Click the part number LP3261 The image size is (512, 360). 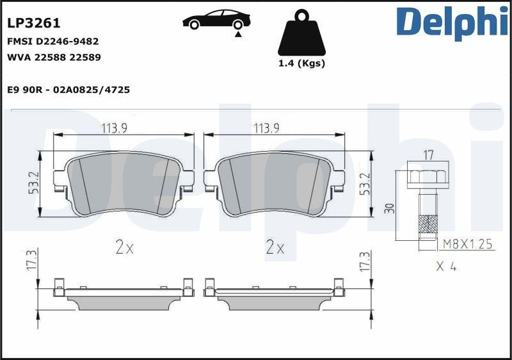click(34, 24)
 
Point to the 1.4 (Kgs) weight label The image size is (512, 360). click(302, 63)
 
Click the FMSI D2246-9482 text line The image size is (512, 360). click(52, 41)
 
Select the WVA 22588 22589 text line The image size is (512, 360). click(54, 57)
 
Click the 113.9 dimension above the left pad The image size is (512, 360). click(114, 128)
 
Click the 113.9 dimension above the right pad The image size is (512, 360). click(266, 128)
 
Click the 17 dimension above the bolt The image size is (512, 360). click(429, 154)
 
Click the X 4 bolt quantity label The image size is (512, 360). click(445, 266)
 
